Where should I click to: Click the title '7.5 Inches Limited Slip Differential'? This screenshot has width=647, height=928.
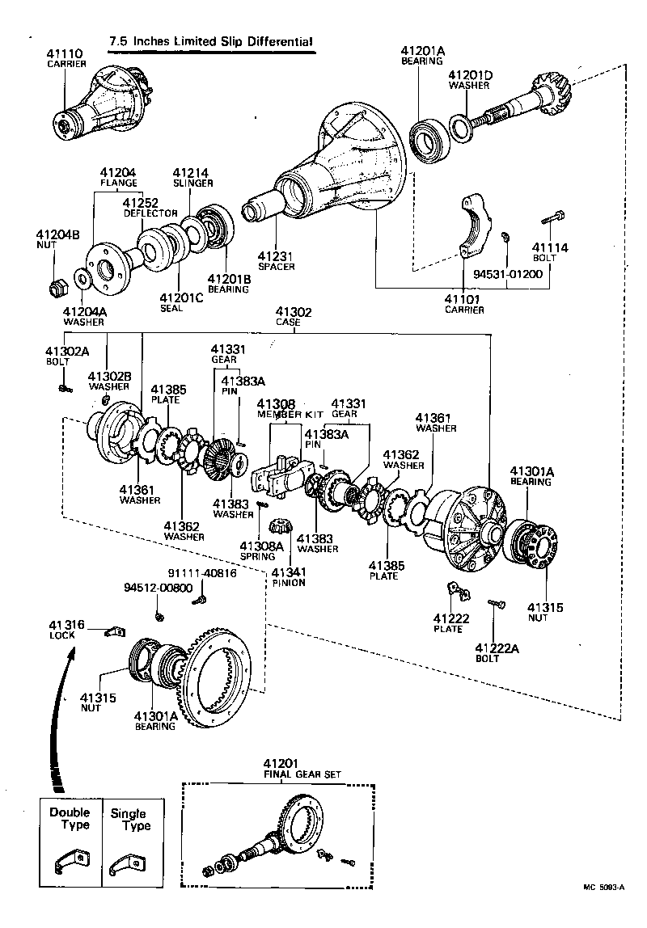point(211,41)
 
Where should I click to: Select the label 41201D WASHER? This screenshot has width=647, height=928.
point(471,80)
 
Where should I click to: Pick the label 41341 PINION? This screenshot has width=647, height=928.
point(289,576)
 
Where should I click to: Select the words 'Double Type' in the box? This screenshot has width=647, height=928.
point(70,818)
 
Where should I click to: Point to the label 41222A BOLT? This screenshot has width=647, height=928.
point(494,652)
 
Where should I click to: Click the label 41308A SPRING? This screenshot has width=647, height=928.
point(260,550)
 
